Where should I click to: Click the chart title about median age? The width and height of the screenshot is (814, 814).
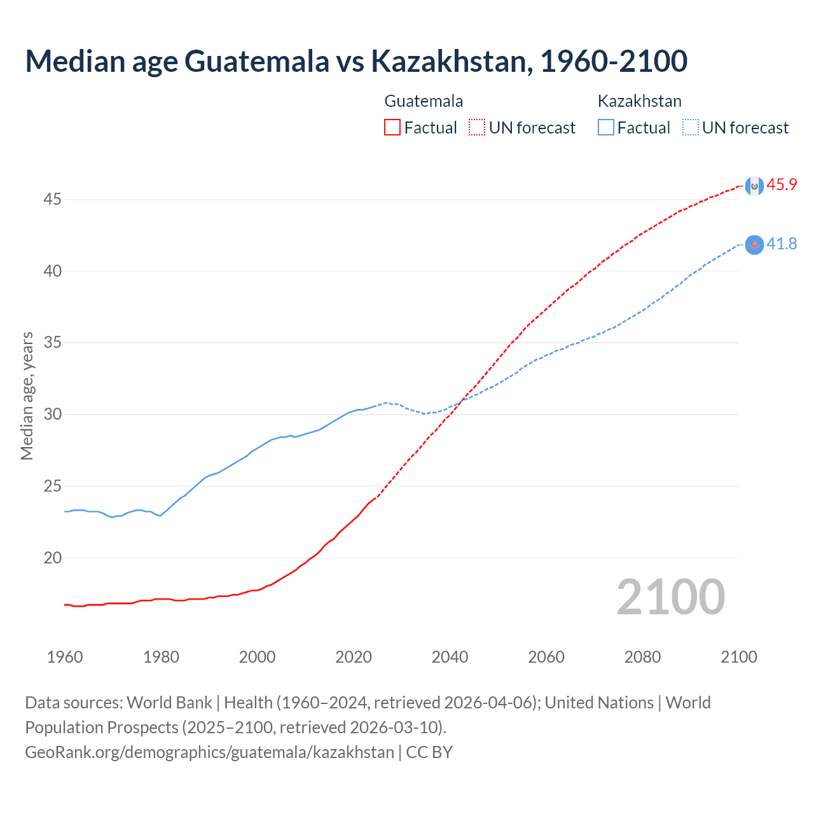coord(356,61)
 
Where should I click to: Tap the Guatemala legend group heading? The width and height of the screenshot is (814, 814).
coord(424,101)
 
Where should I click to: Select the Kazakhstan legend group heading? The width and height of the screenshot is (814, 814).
coord(639,101)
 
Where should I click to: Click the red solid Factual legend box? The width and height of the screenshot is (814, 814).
coord(392,128)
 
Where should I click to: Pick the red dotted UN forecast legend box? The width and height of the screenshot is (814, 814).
coord(477,128)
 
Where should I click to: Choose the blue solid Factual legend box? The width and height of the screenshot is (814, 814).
coord(605,128)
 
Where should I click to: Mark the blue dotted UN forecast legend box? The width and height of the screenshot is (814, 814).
coord(690,128)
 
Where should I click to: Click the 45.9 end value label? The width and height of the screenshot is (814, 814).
coord(782,185)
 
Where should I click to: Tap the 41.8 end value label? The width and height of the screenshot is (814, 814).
coord(782,244)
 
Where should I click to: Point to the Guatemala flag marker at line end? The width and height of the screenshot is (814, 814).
coord(754,186)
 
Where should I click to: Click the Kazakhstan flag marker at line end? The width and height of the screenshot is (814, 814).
coord(754,245)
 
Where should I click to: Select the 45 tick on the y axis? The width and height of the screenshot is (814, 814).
coord(52,200)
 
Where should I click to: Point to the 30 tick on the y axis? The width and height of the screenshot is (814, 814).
coord(52,415)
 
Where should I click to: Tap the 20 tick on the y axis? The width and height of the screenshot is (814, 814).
coord(52,558)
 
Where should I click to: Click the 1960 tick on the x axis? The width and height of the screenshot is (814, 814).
coord(65,657)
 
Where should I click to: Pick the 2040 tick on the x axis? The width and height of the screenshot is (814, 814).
coord(450,657)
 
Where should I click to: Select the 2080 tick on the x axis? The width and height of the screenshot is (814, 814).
coord(642,657)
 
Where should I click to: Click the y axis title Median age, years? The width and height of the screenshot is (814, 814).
coord(27,396)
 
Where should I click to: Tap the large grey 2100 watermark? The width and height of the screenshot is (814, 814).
coord(670,597)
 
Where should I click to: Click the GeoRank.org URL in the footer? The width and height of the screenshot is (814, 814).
coord(209,752)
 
